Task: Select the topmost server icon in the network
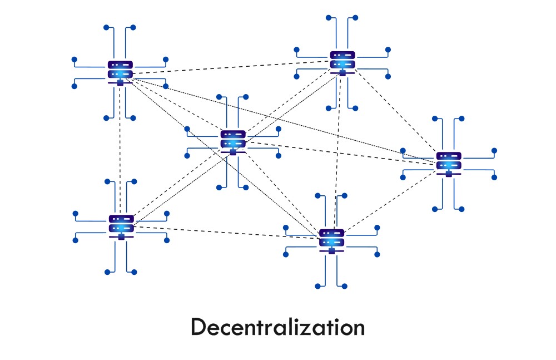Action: click(x=342, y=61)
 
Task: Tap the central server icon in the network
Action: click(x=232, y=140)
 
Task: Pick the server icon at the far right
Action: click(x=448, y=161)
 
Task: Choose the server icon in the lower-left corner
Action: click(x=121, y=224)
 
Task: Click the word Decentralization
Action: click(x=277, y=327)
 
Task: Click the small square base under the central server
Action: click(x=232, y=152)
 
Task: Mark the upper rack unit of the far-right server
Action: click(x=448, y=156)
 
